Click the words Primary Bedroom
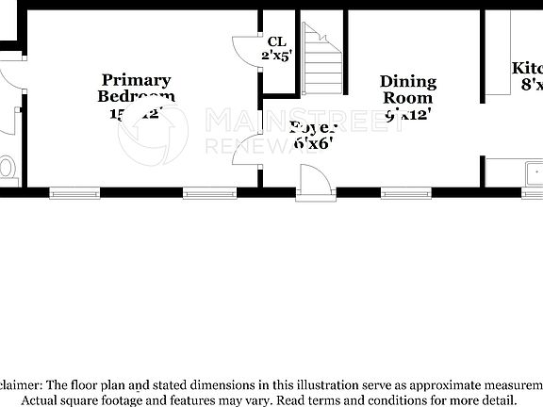click(x=137, y=88)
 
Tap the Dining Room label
click(x=406, y=90)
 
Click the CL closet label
click(x=276, y=41)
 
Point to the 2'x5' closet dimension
click(x=277, y=55)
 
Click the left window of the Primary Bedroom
click(x=74, y=193)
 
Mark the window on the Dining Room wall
click(x=405, y=193)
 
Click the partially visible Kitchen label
click(x=527, y=69)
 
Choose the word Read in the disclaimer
click(x=298, y=399)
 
